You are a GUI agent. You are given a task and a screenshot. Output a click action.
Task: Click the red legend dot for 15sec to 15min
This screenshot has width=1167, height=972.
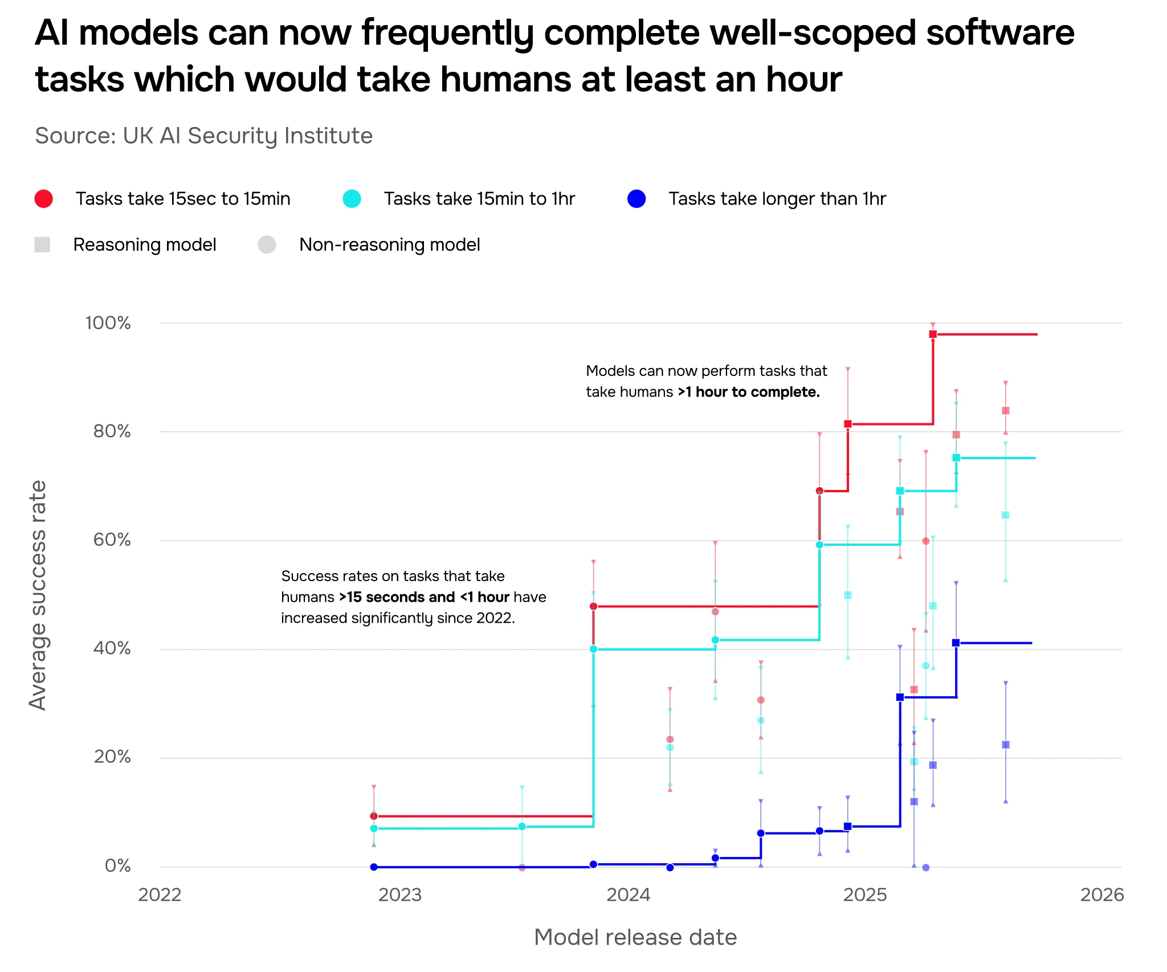[44, 199]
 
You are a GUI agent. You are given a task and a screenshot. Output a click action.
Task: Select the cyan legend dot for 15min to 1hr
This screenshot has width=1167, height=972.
[352, 199]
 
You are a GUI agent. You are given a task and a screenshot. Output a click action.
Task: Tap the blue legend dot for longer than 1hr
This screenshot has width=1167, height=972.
[636, 199]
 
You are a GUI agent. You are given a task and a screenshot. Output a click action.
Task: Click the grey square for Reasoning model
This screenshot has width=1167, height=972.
[42, 245]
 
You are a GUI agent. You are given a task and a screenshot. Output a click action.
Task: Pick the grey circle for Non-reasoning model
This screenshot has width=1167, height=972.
[267, 245]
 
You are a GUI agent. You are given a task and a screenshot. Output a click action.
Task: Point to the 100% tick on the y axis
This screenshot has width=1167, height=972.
[108, 323]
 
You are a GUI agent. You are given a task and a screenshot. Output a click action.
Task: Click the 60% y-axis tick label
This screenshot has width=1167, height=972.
[112, 540]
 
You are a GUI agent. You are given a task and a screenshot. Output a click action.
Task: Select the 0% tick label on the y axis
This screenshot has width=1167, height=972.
[117, 866]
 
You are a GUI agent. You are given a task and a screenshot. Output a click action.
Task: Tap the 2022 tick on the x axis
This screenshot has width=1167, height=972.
[160, 895]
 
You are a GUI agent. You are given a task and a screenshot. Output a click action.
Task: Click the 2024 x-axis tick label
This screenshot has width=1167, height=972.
[628, 895]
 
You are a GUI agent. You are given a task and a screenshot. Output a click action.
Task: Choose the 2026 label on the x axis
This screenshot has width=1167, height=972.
[1102, 895]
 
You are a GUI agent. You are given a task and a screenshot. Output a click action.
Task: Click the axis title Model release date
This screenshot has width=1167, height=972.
[635, 938]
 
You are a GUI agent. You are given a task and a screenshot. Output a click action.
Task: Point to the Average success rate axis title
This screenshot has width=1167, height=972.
[38, 595]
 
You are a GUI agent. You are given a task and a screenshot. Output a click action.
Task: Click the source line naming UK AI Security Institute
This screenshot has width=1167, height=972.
[203, 136]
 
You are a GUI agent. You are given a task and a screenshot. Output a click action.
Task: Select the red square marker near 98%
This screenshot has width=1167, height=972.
[933, 334]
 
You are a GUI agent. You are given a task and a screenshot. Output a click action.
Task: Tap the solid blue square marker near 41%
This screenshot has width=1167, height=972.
[956, 643]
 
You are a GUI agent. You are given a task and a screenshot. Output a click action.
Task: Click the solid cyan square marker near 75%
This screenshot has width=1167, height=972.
[956, 458]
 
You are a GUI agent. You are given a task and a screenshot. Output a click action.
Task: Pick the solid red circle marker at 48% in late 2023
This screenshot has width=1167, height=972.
[593, 606]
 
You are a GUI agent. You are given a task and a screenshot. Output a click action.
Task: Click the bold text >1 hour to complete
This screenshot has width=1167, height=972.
[749, 392]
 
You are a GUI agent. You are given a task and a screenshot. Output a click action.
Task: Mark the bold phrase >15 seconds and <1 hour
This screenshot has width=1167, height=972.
[424, 597]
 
